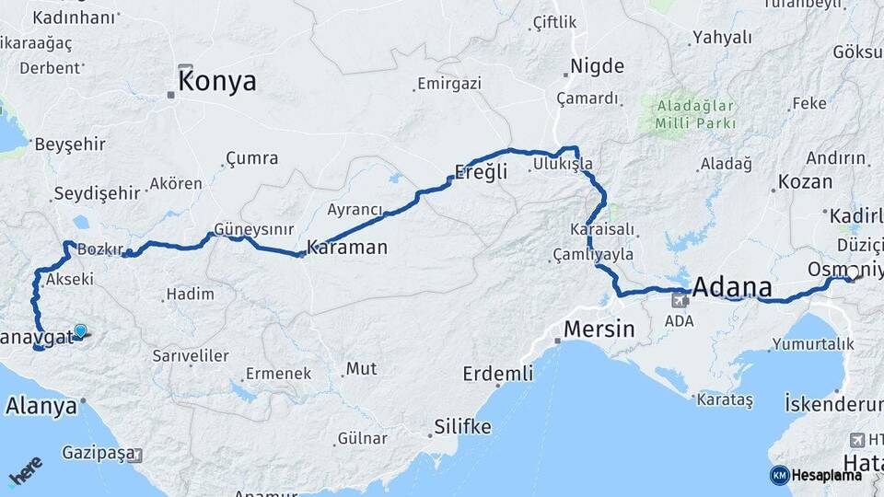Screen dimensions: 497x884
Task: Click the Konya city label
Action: [x=217, y=82]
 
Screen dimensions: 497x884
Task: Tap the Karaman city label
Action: [x=347, y=248]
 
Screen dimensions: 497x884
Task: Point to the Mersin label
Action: [x=599, y=329]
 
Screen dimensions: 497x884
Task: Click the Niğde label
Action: [x=598, y=66]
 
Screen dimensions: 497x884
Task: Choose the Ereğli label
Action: [x=482, y=171]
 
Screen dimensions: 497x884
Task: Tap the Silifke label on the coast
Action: [x=462, y=428]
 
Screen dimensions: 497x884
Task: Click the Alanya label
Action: [x=41, y=405]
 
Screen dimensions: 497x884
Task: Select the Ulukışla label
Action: [x=562, y=165]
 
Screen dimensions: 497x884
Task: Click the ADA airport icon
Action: [x=682, y=299]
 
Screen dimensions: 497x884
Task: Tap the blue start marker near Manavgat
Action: [x=81, y=331]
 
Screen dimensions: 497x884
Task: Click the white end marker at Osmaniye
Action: [x=854, y=272]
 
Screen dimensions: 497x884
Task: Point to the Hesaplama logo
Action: [x=816, y=475]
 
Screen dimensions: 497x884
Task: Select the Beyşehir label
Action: [x=70, y=144]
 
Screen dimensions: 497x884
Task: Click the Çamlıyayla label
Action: [x=594, y=254]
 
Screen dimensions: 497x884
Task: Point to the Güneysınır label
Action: [x=253, y=227]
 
